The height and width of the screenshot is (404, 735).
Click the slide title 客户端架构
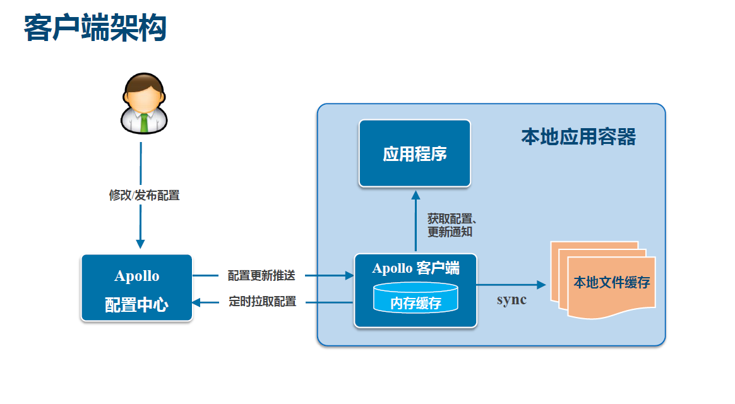click(x=95, y=28)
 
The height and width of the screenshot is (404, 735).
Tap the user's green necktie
click(x=145, y=122)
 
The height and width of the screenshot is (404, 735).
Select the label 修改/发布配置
click(x=145, y=196)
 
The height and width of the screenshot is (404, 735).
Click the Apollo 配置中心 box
click(x=136, y=288)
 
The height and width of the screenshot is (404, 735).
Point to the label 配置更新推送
click(x=261, y=276)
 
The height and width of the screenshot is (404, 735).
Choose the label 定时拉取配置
click(x=262, y=302)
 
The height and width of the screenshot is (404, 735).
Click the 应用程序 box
click(x=415, y=153)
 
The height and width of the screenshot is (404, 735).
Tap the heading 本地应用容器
click(x=578, y=137)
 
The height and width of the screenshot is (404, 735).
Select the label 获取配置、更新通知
click(x=451, y=225)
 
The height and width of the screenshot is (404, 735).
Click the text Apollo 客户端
click(x=415, y=268)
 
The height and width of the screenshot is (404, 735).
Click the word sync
click(x=511, y=300)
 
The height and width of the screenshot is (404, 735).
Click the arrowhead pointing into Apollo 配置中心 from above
click(x=141, y=244)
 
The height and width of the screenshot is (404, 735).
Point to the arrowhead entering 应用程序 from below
click(x=415, y=194)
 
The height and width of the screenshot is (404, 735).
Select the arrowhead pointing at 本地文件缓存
click(x=540, y=285)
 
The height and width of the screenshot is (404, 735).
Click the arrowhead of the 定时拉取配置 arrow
click(x=197, y=302)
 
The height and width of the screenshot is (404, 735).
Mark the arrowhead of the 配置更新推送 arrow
click(x=349, y=276)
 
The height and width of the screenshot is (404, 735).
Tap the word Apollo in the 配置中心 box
click(x=136, y=276)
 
